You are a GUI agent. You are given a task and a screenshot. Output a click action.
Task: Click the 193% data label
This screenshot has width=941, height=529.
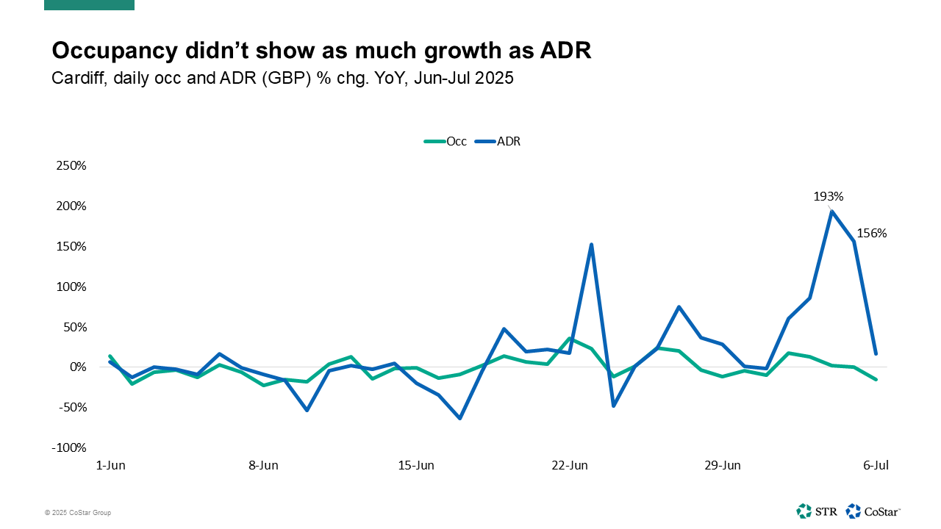pyautogui.click(x=828, y=197)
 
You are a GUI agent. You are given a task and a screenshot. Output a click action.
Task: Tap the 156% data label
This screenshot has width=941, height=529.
pyautogui.click(x=872, y=234)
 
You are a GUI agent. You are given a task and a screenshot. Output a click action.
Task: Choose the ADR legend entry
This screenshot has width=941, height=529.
pyautogui.click(x=508, y=142)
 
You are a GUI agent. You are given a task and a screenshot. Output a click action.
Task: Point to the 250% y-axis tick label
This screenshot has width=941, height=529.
pyautogui.click(x=71, y=166)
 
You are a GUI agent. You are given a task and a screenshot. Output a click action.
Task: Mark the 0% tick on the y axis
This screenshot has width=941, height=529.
pyautogui.click(x=78, y=367)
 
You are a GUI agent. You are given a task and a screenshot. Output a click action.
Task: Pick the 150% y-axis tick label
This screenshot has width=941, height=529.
pyautogui.click(x=71, y=247)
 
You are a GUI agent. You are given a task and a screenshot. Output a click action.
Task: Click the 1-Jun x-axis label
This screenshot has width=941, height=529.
pyautogui.click(x=110, y=466)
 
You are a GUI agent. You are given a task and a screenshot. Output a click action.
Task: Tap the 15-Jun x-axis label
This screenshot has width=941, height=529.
pyautogui.click(x=416, y=466)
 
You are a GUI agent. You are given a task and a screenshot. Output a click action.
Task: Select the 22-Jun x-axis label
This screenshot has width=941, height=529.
pyautogui.click(x=570, y=466)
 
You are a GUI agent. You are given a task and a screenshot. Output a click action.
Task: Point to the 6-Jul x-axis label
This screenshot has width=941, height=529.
pyautogui.click(x=876, y=466)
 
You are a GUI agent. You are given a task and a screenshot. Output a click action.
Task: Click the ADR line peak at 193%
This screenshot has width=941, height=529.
pyautogui.click(x=831, y=212)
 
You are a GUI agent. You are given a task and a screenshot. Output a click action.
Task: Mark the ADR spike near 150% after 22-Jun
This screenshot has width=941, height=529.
pyautogui.click(x=591, y=245)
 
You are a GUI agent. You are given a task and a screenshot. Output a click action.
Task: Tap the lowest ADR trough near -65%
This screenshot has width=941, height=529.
pyautogui.click(x=460, y=418)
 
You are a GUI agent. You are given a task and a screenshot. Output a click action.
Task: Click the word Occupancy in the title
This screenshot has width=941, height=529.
pyautogui.click(x=113, y=51)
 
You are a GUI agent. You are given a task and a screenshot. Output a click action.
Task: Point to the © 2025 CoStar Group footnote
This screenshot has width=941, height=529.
pyautogui.click(x=77, y=513)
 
